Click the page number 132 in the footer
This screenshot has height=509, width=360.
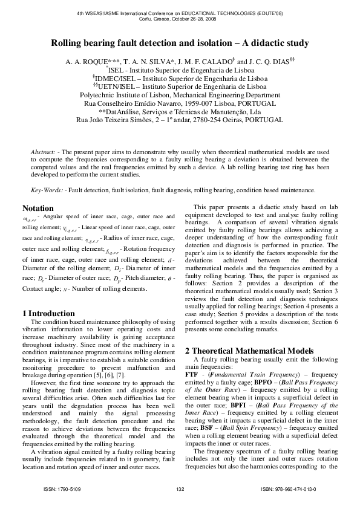point(180,488)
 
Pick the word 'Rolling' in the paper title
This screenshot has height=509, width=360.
point(68,43)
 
